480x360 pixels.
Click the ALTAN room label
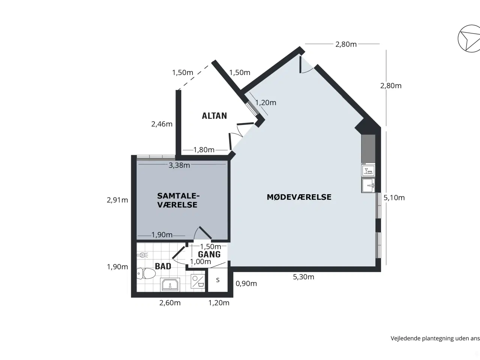pyautogui.click(x=214, y=116)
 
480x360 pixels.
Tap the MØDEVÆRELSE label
pyautogui.click(x=299, y=197)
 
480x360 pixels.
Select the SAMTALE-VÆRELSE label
pyautogui.click(x=178, y=200)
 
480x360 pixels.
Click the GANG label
pyautogui.click(x=209, y=254)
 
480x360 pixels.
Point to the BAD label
pyautogui.click(x=163, y=266)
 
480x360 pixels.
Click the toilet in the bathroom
pyautogui.click(x=146, y=274)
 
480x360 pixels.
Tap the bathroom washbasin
pyautogui.click(x=170, y=284)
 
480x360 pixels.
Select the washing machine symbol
pyautogui.click(x=198, y=282)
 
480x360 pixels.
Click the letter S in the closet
pyautogui.click(x=217, y=280)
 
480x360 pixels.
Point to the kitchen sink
pyautogui.click(x=368, y=186)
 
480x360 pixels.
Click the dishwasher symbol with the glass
pyautogui.click(x=368, y=171)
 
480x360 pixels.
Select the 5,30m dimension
pyautogui.click(x=303, y=277)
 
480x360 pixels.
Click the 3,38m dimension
pyautogui.click(x=179, y=165)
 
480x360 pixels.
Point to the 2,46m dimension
pyautogui.click(x=162, y=124)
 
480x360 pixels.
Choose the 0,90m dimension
pyautogui.click(x=246, y=283)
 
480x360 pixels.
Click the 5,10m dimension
pyautogui.click(x=394, y=198)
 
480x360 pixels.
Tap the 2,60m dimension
pyautogui.click(x=170, y=303)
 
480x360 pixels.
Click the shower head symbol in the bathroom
pyautogui.click(x=142, y=255)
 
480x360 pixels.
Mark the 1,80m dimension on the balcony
pyautogui.click(x=204, y=150)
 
